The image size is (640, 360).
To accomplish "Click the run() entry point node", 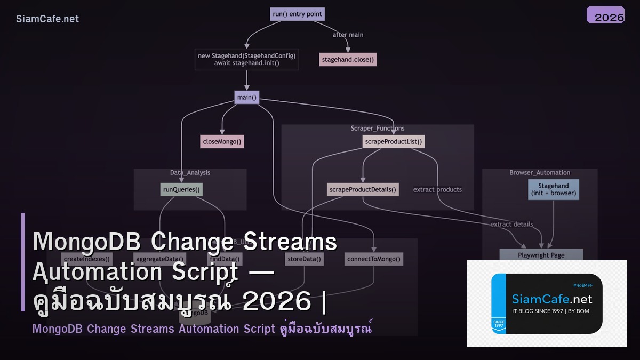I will (x=297, y=14).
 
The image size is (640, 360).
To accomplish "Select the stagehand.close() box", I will (x=348, y=60).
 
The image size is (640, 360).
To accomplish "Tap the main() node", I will (x=246, y=98).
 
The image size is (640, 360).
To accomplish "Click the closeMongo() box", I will (x=222, y=142).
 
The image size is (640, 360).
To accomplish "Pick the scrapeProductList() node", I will (x=394, y=142).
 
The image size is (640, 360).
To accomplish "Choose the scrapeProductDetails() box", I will (x=363, y=189).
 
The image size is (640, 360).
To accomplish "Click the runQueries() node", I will (x=182, y=189).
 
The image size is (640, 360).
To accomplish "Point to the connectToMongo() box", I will (x=373, y=259).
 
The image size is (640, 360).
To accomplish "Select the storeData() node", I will (x=304, y=259).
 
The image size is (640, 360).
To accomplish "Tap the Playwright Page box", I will (x=541, y=255).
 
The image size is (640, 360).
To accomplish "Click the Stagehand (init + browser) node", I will (x=554, y=189).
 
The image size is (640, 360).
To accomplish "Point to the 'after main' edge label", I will (x=348, y=35).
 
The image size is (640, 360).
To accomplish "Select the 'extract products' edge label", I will (x=437, y=189).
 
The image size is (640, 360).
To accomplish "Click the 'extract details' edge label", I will (x=511, y=224).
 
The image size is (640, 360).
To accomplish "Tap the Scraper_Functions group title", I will (x=377, y=129).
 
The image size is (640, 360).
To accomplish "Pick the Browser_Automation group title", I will (x=539, y=173).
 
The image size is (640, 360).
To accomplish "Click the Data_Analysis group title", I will (x=190, y=173).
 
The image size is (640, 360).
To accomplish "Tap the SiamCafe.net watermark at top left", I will (x=47, y=19).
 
